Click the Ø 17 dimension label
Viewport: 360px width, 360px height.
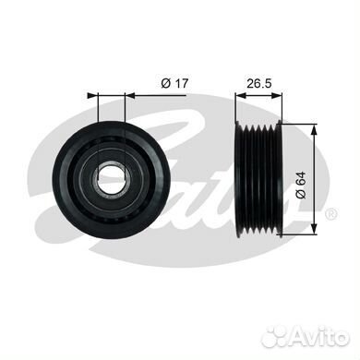coord(174,83)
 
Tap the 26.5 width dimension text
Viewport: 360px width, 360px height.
coord(259,83)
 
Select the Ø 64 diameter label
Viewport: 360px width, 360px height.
coord(301,185)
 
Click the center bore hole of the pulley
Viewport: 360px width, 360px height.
coord(112,179)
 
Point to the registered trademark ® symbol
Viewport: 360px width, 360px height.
coord(331,214)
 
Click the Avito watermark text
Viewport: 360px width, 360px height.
coord(319,337)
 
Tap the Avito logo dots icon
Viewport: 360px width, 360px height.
coord(276,337)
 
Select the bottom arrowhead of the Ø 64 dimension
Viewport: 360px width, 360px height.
coord(314,229)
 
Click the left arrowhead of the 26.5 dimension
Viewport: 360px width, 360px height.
coord(241,96)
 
